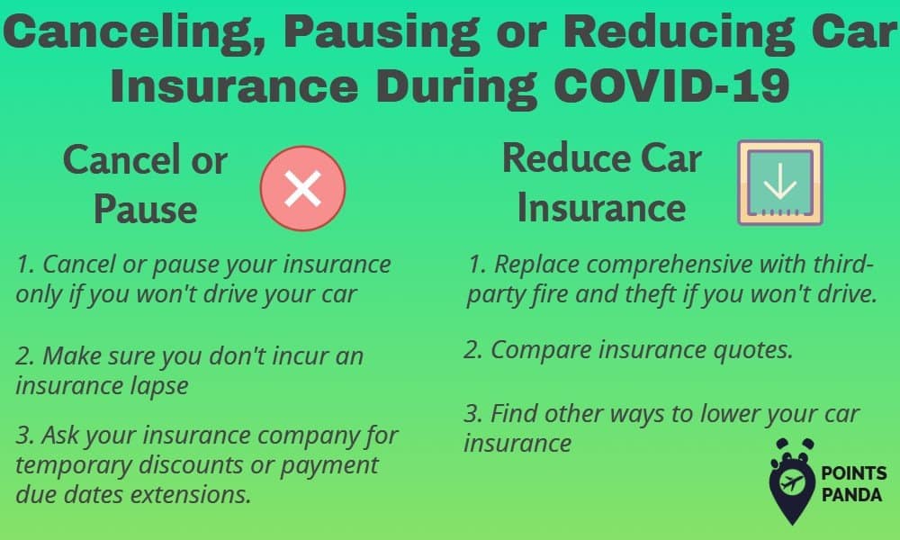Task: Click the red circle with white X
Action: (302, 188)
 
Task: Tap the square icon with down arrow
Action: (780, 183)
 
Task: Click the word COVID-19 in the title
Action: (671, 85)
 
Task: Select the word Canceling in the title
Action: (134, 33)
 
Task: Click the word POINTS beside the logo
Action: (854, 473)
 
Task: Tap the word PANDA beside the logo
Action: (851, 495)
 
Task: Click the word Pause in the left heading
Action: (145, 209)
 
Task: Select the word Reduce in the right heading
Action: (566, 157)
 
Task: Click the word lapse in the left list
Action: (159, 386)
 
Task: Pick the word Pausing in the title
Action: (382, 33)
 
